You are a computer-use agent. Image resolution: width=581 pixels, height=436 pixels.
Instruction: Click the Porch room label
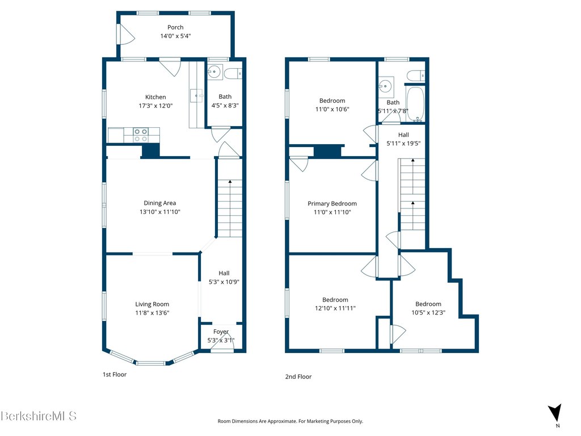tap(175, 27)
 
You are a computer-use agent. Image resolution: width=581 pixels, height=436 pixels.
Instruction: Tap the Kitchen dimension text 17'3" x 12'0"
tap(155, 106)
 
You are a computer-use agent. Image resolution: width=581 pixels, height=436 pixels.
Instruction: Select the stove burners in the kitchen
tap(141, 135)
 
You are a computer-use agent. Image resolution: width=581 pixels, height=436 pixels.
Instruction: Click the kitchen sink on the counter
tap(196, 95)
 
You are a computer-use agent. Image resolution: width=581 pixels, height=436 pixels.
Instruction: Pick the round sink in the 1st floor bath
tap(214, 72)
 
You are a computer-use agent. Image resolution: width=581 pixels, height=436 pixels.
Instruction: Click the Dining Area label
tap(159, 203)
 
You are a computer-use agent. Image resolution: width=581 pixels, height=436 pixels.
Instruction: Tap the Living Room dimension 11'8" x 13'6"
tap(152, 313)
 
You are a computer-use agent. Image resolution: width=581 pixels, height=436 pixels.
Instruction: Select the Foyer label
tap(221, 332)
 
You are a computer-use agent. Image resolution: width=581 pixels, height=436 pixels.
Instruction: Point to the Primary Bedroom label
tap(332, 204)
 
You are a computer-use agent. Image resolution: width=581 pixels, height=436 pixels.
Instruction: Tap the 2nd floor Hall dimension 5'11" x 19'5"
tap(403, 144)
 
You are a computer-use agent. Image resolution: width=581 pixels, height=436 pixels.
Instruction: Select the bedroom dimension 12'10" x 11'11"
tap(335, 308)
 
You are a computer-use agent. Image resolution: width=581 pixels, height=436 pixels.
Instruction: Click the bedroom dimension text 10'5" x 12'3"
tap(428, 313)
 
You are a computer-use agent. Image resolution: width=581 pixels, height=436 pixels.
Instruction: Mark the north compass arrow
tap(555, 412)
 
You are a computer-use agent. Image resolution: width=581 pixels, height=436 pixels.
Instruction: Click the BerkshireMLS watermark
tap(39, 416)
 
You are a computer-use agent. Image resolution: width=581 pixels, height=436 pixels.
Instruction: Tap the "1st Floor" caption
tap(115, 375)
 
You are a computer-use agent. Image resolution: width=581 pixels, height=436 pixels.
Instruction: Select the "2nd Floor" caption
tap(298, 377)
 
